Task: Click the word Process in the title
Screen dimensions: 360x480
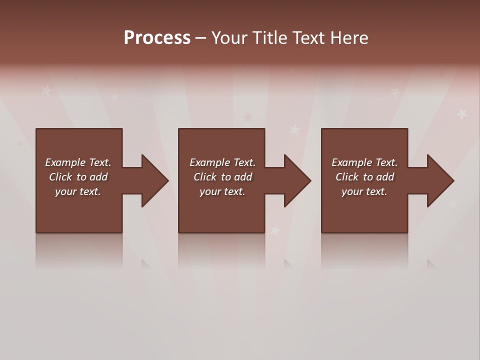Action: (157, 38)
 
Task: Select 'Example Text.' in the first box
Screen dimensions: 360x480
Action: (78, 162)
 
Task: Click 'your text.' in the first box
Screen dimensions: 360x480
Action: (78, 191)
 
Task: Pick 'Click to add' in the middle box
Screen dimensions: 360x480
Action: (222, 177)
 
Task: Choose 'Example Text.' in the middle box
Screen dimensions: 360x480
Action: (222, 162)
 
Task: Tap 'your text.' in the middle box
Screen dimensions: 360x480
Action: (222, 191)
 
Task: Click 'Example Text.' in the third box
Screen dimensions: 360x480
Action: (364, 162)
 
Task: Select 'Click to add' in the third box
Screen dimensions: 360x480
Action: (364, 177)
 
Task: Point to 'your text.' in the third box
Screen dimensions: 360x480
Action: (364, 191)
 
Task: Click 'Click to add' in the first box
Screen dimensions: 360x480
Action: (78, 177)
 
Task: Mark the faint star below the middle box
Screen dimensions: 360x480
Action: (275, 230)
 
